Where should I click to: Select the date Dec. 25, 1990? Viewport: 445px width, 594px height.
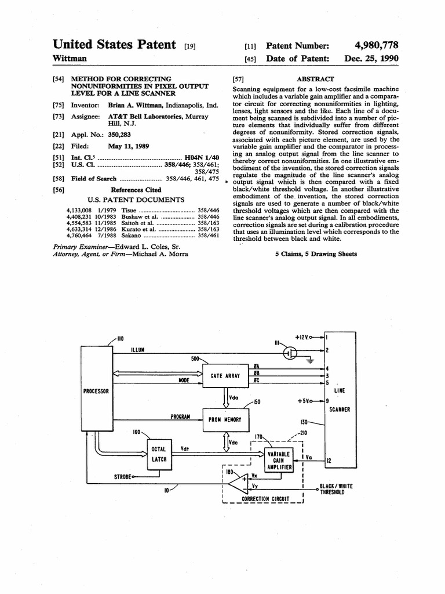click(x=371, y=59)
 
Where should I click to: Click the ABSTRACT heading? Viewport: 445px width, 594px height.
click(x=315, y=78)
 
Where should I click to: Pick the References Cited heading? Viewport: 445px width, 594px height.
click(x=136, y=190)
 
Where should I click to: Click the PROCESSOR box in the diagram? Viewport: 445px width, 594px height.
click(x=96, y=391)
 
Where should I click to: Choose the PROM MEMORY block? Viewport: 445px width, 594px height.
click(x=221, y=419)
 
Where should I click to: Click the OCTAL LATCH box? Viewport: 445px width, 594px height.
click(x=159, y=454)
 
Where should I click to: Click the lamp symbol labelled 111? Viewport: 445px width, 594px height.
click(x=290, y=353)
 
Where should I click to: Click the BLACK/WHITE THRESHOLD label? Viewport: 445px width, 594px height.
click(x=336, y=489)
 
